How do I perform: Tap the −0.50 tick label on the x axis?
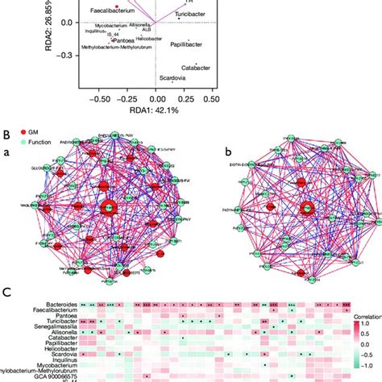99,99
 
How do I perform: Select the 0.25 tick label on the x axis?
185,99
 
